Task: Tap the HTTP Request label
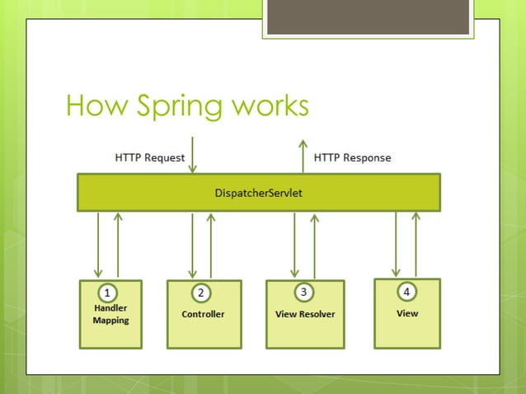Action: pos(149,157)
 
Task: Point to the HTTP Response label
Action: pos(353,157)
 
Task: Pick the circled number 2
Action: pos(200,292)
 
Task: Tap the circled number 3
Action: pos(303,292)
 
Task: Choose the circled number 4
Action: pos(406,291)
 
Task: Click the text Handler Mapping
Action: pos(110,314)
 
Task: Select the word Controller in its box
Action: pos(203,314)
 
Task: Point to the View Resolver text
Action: pos(305,314)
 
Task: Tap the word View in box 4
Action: pos(407,313)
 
